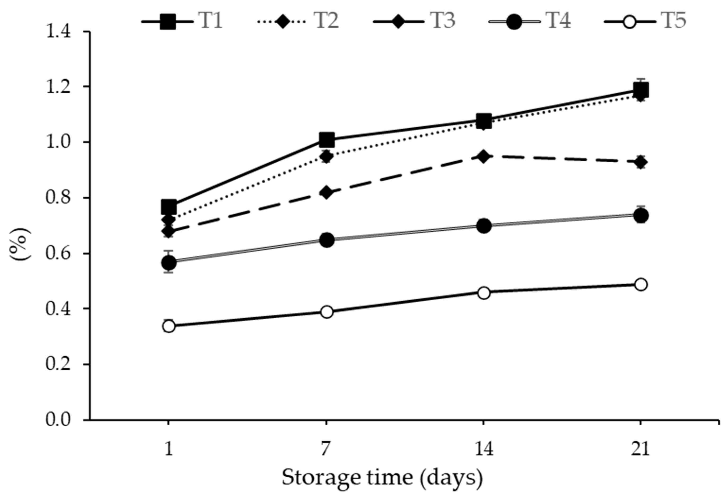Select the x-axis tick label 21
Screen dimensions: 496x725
point(640,449)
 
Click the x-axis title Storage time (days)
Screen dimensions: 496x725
point(382,477)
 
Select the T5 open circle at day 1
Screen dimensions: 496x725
point(169,326)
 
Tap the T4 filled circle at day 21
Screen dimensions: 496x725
point(640,216)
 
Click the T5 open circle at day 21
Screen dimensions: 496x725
point(640,285)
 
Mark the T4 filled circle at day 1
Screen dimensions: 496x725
point(169,263)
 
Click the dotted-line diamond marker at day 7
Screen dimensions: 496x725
point(327,156)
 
